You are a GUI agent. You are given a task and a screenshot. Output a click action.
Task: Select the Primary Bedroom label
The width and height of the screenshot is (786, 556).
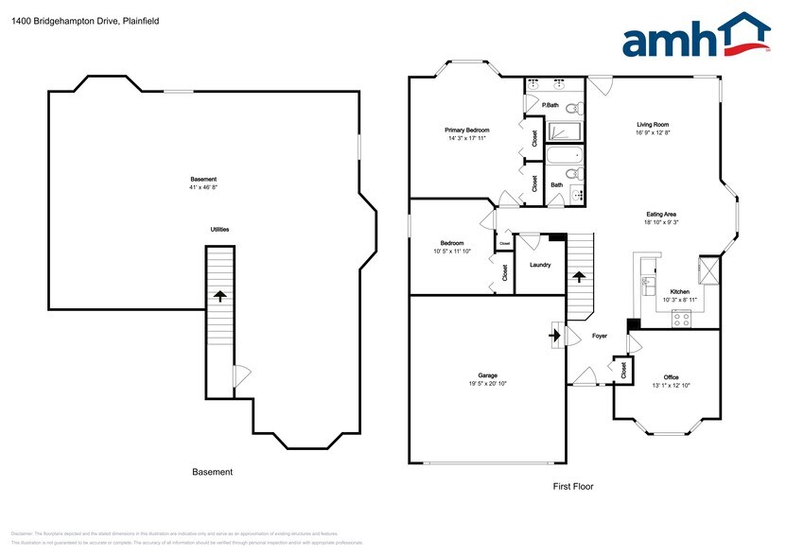467,130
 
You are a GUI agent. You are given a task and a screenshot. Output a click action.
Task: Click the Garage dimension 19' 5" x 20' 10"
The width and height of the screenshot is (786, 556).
487,384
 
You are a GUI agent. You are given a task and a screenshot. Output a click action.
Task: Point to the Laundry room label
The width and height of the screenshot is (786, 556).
540,265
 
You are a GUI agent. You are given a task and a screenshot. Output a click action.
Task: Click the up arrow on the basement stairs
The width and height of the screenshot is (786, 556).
219,296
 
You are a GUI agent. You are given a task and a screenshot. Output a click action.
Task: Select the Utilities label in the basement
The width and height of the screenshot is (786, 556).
219,230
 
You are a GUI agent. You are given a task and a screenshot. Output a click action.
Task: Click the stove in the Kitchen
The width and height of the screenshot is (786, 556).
679,320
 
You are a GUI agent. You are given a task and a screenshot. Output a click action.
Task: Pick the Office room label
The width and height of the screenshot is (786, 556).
671,376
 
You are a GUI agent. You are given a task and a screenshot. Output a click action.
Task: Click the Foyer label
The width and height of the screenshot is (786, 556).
600,336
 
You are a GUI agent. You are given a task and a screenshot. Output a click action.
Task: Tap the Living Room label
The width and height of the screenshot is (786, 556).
653,124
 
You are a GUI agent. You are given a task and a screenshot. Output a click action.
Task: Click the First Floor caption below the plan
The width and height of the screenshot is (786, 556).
573,487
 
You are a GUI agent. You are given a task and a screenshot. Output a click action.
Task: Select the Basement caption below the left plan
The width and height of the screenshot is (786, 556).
212,472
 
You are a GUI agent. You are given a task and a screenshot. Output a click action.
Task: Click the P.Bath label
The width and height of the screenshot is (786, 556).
549,105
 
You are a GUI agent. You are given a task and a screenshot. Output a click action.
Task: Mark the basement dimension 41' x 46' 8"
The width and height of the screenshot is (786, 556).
203,187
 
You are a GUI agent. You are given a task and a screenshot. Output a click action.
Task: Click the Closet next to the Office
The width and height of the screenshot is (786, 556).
623,371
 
